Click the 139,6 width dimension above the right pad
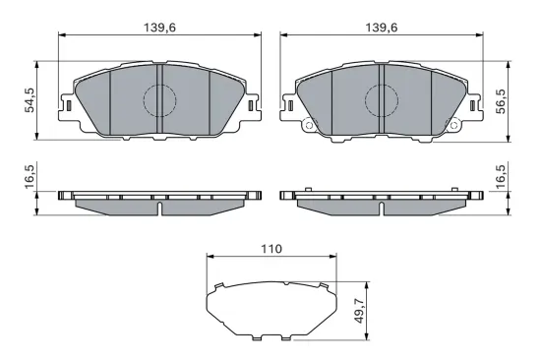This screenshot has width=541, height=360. pyautogui.click(x=380, y=29)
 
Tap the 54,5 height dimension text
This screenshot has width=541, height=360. pyautogui.click(x=30, y=99)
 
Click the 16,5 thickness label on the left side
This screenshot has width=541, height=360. pyautogui.click(x=30, y=178)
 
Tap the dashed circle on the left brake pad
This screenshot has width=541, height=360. pyautogui.click(x=159, y=99)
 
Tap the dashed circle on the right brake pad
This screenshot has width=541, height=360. pyautogui.click(x=380, y=99)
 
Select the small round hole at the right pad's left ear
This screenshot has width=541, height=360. pyautogui.click(x=307, y=125)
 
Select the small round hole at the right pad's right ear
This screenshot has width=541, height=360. pyautogui.click(x=453, y=125)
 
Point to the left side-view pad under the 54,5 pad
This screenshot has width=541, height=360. pyautogui.click(x=159, y=201)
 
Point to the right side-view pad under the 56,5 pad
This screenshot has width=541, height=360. pyautogui.click(x=380, y=201)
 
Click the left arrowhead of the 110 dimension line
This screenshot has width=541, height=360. pyautogui.click(x=209, y=258)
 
